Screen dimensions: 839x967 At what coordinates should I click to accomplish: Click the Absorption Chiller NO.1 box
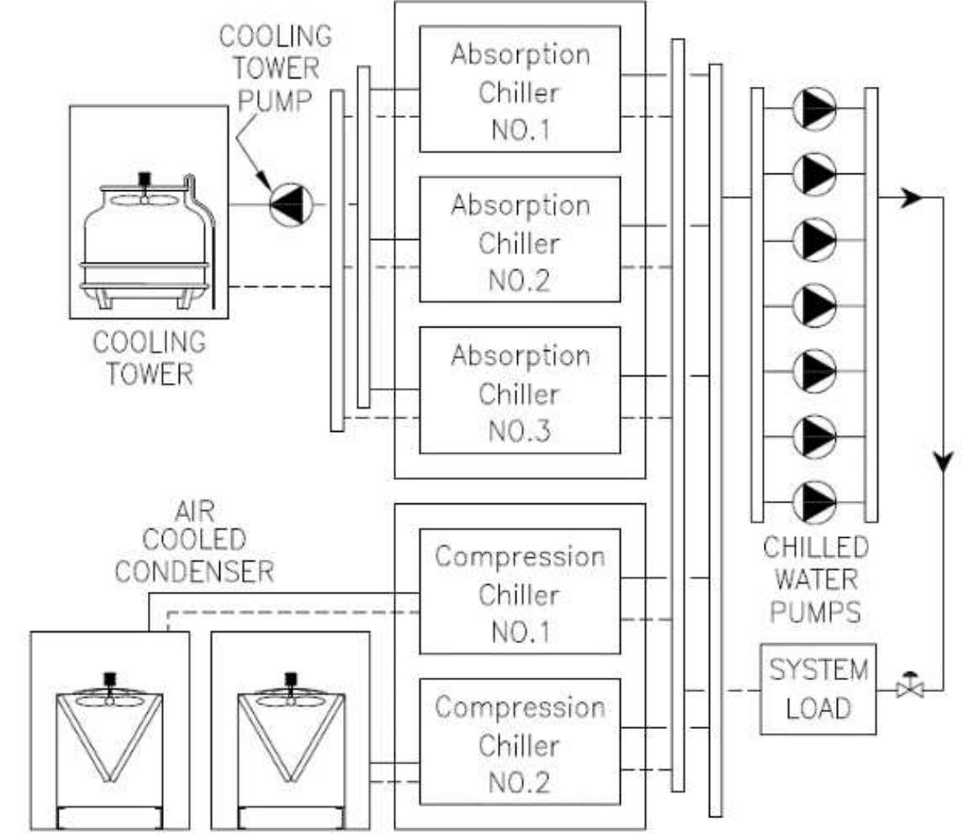click(x=520, y=89)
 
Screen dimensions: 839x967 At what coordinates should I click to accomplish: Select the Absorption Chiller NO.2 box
click(x=520, y=240)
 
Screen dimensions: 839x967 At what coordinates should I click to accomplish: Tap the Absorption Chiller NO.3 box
click(x=520, y=391)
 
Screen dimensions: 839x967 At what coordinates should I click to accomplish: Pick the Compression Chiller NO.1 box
click(x=520, y=592)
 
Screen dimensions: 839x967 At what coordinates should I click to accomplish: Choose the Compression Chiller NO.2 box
click(x=520, y=743)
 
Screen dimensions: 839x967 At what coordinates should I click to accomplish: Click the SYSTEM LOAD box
click(x=818, y=689)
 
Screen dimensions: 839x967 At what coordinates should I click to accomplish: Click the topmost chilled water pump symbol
click(x=814, y=108)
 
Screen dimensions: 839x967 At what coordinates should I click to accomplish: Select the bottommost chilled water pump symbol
click(x=814, y=502)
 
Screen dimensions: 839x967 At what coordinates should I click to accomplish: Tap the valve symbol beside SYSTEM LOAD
click(x=909, y=686)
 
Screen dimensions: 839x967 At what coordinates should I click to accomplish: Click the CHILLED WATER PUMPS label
click(x=815, y=580)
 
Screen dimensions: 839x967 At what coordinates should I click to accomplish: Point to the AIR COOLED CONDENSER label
click(x=194, y=542)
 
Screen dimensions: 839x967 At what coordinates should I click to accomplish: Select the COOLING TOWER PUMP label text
click(x=275, y=68)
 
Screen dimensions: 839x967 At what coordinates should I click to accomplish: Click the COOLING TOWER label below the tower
click(x=149, y=358)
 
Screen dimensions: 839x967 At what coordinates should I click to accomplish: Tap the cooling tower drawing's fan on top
click(x=145, y=189)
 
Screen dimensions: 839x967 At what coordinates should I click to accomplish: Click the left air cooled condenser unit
click(x=110, y=731)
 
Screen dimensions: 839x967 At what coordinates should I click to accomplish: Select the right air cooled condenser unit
click(x=290, y=731)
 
